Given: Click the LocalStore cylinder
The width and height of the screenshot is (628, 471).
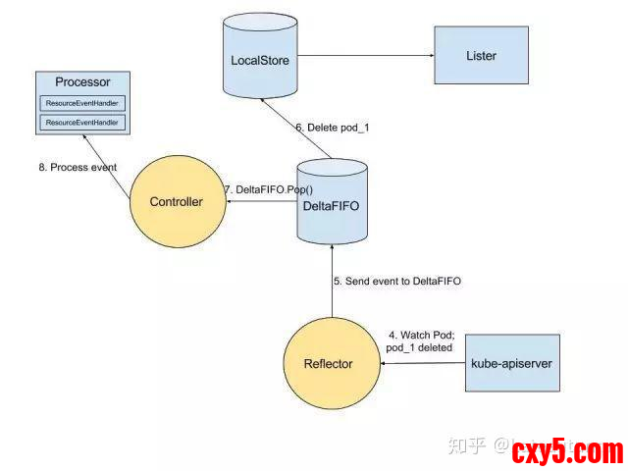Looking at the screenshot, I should [257, 60].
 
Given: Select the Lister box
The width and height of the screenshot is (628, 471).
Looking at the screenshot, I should [481, 56].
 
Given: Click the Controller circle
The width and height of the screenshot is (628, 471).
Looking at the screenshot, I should [176, 202].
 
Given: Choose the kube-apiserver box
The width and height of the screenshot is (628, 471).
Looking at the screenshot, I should [511, 364].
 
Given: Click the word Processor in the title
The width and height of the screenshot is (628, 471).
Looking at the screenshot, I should [82, 81].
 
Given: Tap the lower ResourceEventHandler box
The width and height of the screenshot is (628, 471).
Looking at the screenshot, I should [82, 123].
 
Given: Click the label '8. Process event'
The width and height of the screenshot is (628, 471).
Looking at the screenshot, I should [78, 167].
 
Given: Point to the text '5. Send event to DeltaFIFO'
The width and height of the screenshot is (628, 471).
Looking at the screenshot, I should [396, 281].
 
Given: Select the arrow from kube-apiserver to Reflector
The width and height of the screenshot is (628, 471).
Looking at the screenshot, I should [422, 364].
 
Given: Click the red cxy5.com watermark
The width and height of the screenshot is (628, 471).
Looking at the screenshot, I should [566, 451].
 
